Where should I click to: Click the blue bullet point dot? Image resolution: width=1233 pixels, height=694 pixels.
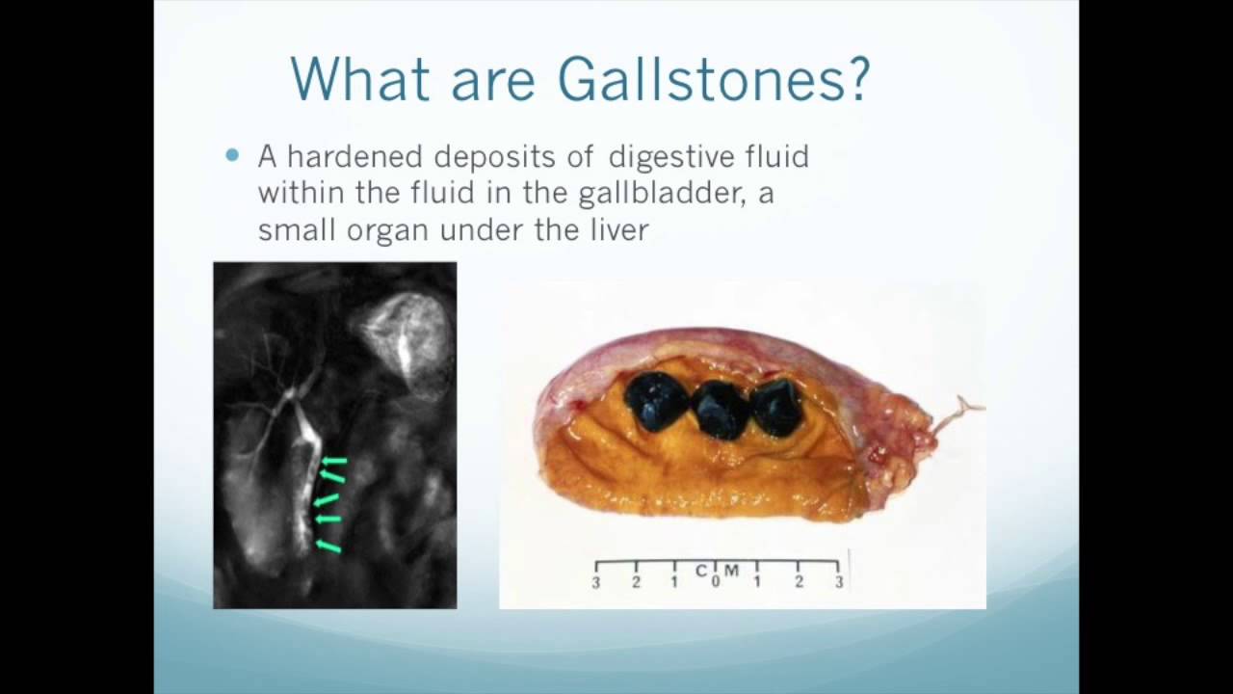[231, 155]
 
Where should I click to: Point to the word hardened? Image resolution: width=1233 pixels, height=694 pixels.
[354, 156]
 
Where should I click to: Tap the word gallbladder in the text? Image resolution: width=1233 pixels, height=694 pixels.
[660, 194]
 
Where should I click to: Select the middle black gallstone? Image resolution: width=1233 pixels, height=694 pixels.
[721, 408]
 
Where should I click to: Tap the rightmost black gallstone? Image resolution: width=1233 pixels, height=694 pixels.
[778, 406]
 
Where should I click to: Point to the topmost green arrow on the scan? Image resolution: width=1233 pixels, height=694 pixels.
[333, 463]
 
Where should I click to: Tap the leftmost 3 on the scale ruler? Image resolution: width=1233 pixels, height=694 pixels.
[596, 582]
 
